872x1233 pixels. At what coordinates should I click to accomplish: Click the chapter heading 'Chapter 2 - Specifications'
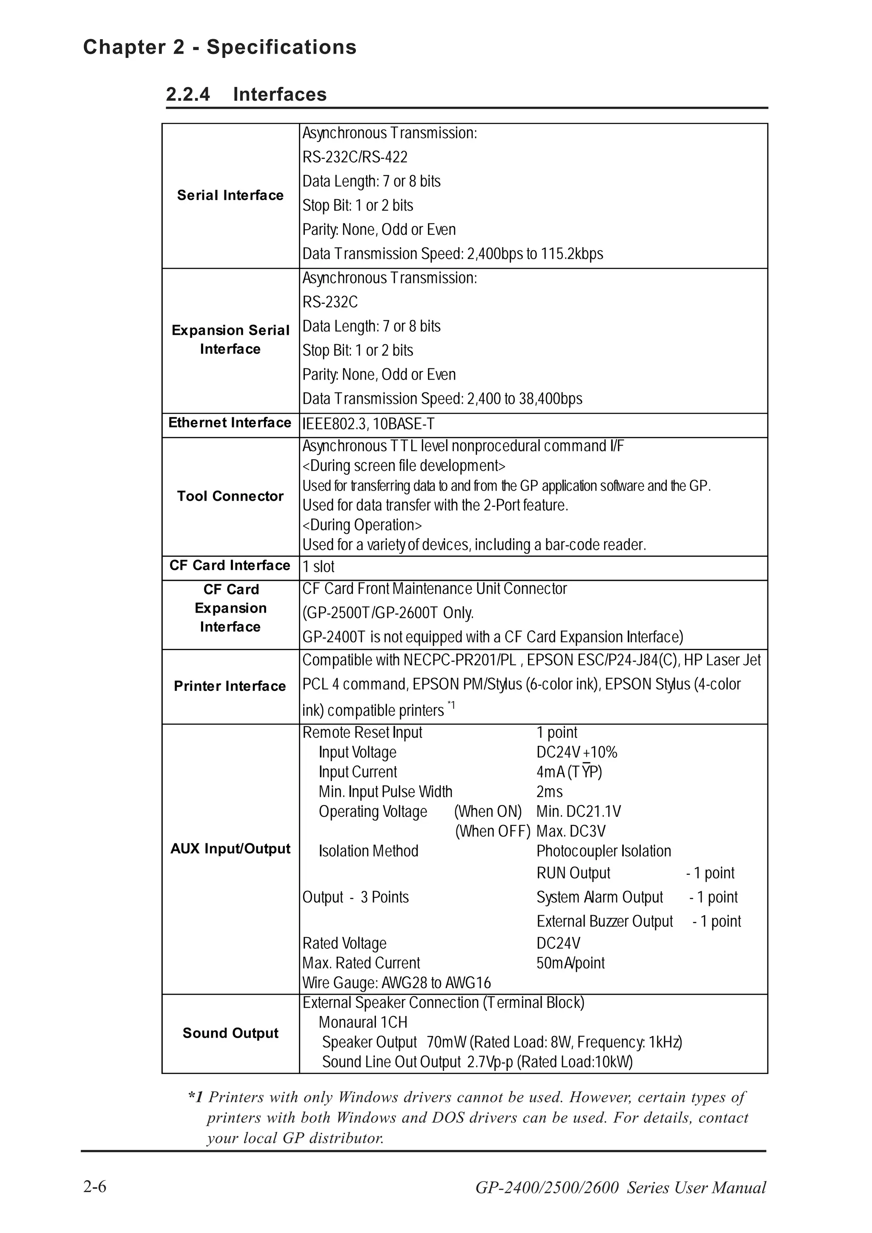[x=219, y=47]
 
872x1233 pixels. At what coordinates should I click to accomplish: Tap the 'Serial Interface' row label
[x=230, y=195]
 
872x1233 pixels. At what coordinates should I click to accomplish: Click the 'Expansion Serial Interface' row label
[x=230, y=340]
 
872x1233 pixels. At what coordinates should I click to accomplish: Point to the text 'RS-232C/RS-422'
[x=355, y=157]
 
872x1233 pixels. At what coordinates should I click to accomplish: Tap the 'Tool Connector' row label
[x=230, y=496]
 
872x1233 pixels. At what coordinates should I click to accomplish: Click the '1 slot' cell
[x=318, y=567]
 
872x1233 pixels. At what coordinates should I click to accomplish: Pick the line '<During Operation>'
[x=361, y=525]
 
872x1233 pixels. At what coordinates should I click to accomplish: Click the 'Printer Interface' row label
[x=229, y=686]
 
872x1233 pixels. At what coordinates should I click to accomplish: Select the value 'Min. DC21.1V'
[x=578, y=811]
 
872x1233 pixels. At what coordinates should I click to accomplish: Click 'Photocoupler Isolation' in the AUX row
[x=603, y=851]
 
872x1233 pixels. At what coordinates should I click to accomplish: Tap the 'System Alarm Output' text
[x=599, y=897]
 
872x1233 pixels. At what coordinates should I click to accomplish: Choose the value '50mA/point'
[x=570, y=963]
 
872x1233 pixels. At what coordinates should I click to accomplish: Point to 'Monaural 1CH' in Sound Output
[x=363, y=1022]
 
